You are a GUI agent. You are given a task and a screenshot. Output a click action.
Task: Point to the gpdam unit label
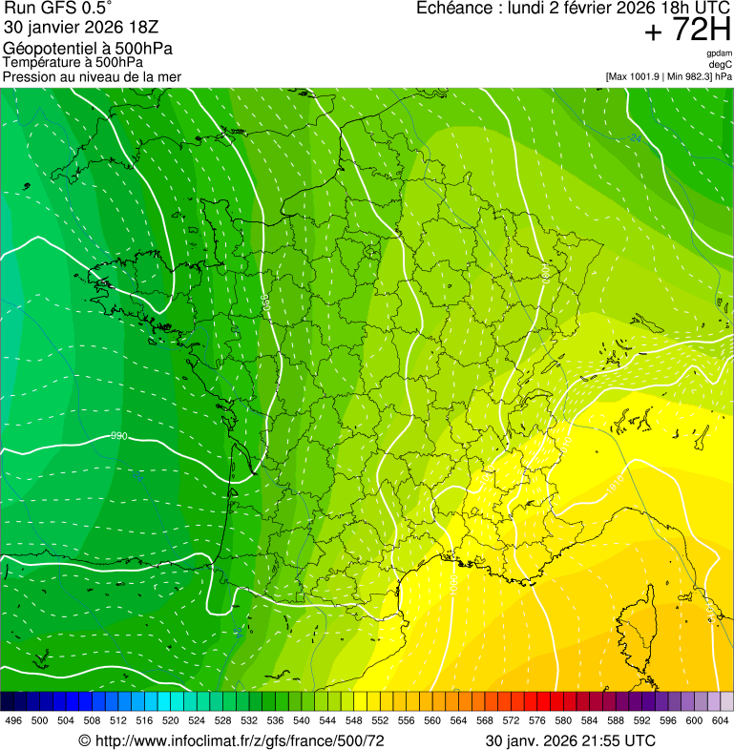[x=720, y=53]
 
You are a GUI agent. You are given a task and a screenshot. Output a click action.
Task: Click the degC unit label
[x=722, y=64]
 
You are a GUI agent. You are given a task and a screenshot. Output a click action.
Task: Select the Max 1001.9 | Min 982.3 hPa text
[x=668, y=75]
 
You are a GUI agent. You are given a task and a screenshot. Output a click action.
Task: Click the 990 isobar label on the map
[x=119, y=436]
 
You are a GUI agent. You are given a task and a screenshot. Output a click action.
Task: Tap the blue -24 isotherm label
[x=635, y=139]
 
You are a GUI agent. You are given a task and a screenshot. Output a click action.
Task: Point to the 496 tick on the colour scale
[x=13, y=720]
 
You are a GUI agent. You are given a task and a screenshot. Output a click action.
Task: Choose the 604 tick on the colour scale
[x=721, y=720]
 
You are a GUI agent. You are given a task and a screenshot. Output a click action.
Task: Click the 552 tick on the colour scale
[x=380, y=720]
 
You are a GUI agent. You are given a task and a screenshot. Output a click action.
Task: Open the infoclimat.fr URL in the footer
[x=239, y=740]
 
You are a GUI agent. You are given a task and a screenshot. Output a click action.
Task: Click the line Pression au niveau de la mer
[x=92, y=76]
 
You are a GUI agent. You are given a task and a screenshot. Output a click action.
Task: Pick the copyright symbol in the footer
[x=84, y=740]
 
